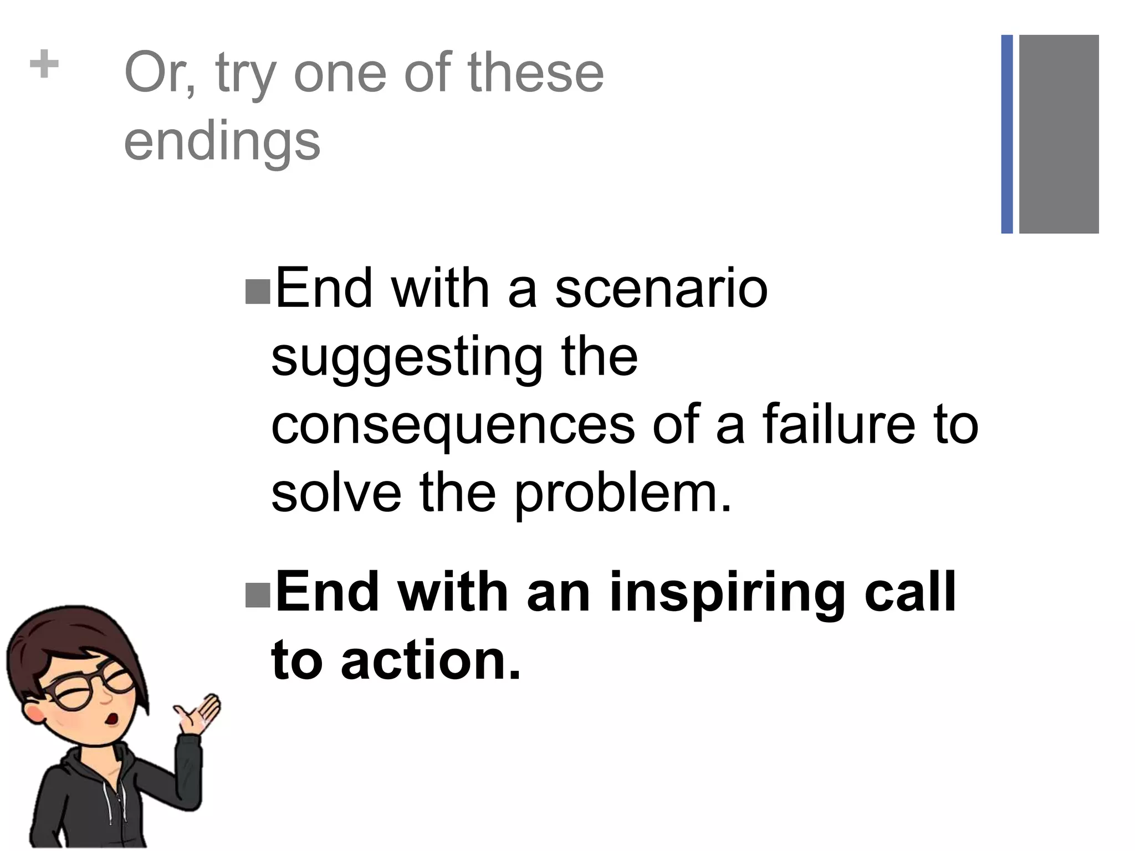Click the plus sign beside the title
(44, 65)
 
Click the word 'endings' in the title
(222, 141)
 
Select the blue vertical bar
(1007, 134)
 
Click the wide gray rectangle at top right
(1059, 134)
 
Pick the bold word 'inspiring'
(728, 593)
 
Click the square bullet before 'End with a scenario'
(257, 292)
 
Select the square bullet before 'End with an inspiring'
(257, 595)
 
